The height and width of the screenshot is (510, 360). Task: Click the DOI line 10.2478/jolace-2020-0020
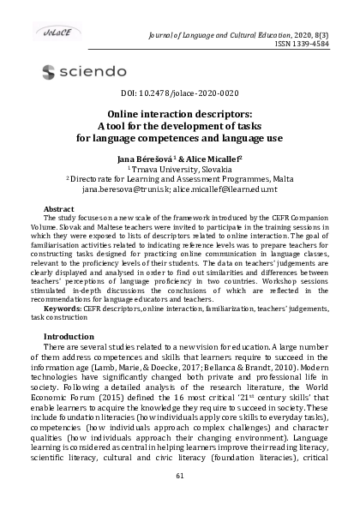(180, 93)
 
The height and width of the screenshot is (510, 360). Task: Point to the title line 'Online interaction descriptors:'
(180, 112)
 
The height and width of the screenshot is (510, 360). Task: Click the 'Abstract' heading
(58, 209)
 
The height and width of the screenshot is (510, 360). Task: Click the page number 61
(180, 476)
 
